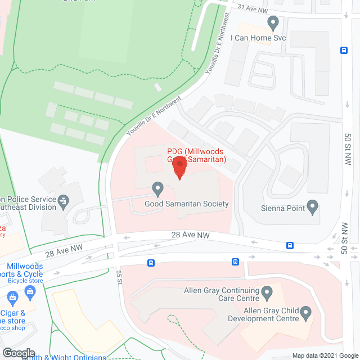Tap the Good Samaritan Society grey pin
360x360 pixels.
tap(157, 188)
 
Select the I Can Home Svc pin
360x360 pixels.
tap(273, 24)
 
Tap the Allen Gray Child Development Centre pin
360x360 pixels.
tap(305, 311)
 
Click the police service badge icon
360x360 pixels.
tap(64, 200)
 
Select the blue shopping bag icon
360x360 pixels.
tap(30, 292)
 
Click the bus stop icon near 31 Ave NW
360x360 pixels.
tap(344, 49)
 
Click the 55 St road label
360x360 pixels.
tap(119, 276)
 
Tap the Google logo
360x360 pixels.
tap(18, 353)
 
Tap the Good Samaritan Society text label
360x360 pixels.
tap(186, 204)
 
